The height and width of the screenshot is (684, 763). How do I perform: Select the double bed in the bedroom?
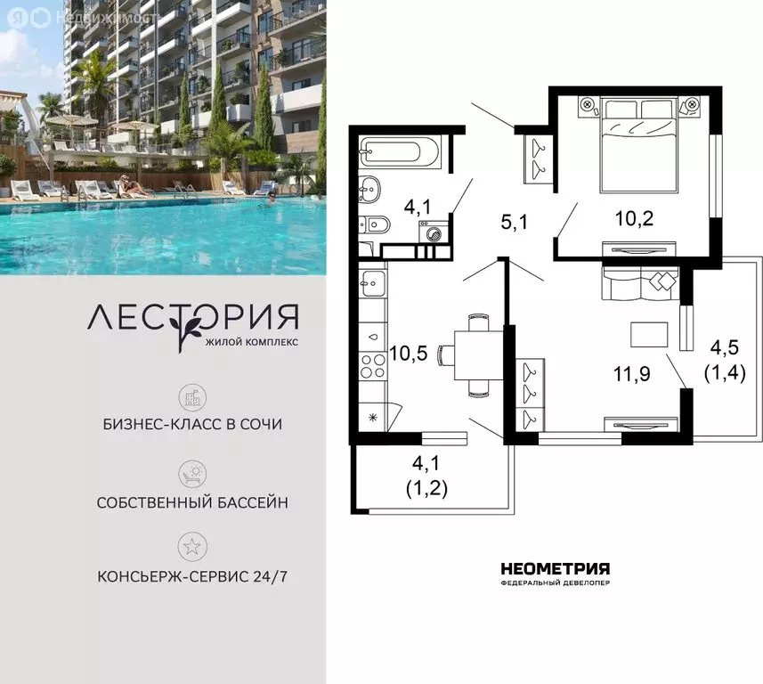(x=638, y=145)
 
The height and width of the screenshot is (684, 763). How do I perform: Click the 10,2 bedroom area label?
(x=634, y=218)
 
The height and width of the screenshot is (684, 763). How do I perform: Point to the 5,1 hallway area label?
(x=514, y=223)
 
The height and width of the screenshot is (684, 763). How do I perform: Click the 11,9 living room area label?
(x=631, y=374)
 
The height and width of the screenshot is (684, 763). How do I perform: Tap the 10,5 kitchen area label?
(x=409, y=354)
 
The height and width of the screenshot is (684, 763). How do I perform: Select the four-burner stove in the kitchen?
(x=373, y=367)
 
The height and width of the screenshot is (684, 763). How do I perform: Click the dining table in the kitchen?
(x=479, y=355)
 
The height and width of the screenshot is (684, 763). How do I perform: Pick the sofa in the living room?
(x=640, y=283)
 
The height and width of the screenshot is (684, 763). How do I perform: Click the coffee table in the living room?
(x=649, y=335)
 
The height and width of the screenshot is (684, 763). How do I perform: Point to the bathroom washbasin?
(x=369, y=189)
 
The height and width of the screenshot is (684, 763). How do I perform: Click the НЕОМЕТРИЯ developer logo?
(x=556, y=574)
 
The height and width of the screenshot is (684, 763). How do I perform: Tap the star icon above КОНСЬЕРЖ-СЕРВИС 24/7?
(x=192, y=547)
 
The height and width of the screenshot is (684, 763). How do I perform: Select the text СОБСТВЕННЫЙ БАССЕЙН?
(x=192, y=502)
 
